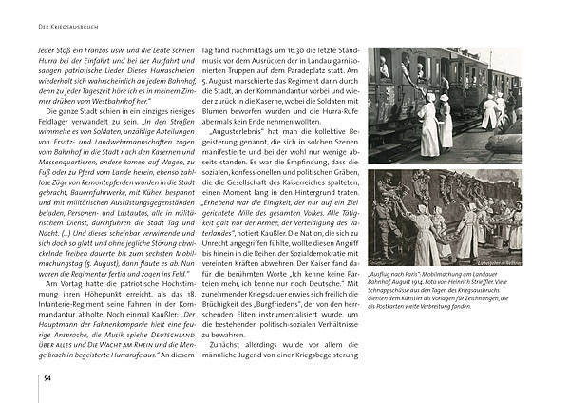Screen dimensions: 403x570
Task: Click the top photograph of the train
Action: pos(445,105)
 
